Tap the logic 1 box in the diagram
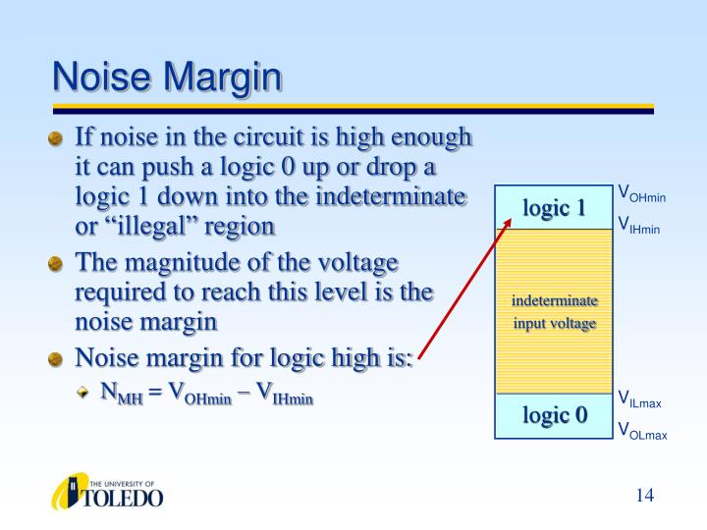(554, 208)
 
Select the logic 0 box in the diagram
(554, 416)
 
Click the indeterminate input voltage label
(554, 311)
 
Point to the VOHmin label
(642, 193)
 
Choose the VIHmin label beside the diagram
(640, 225)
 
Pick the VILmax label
(640, 398)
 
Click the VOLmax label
(642, 429)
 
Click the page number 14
(644, 495)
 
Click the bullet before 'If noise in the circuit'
(57, 139)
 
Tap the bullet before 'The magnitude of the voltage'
(57, 265)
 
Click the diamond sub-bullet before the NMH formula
(84, 394)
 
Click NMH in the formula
(122, 395)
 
